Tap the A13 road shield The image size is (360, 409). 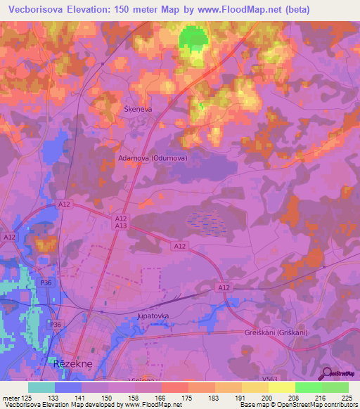(x=121, y=226)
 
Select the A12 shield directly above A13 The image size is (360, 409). (x=121, y=219)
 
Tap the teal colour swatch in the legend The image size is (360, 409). (x=41, y=387)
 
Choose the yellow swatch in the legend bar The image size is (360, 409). (x=281, y=387)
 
